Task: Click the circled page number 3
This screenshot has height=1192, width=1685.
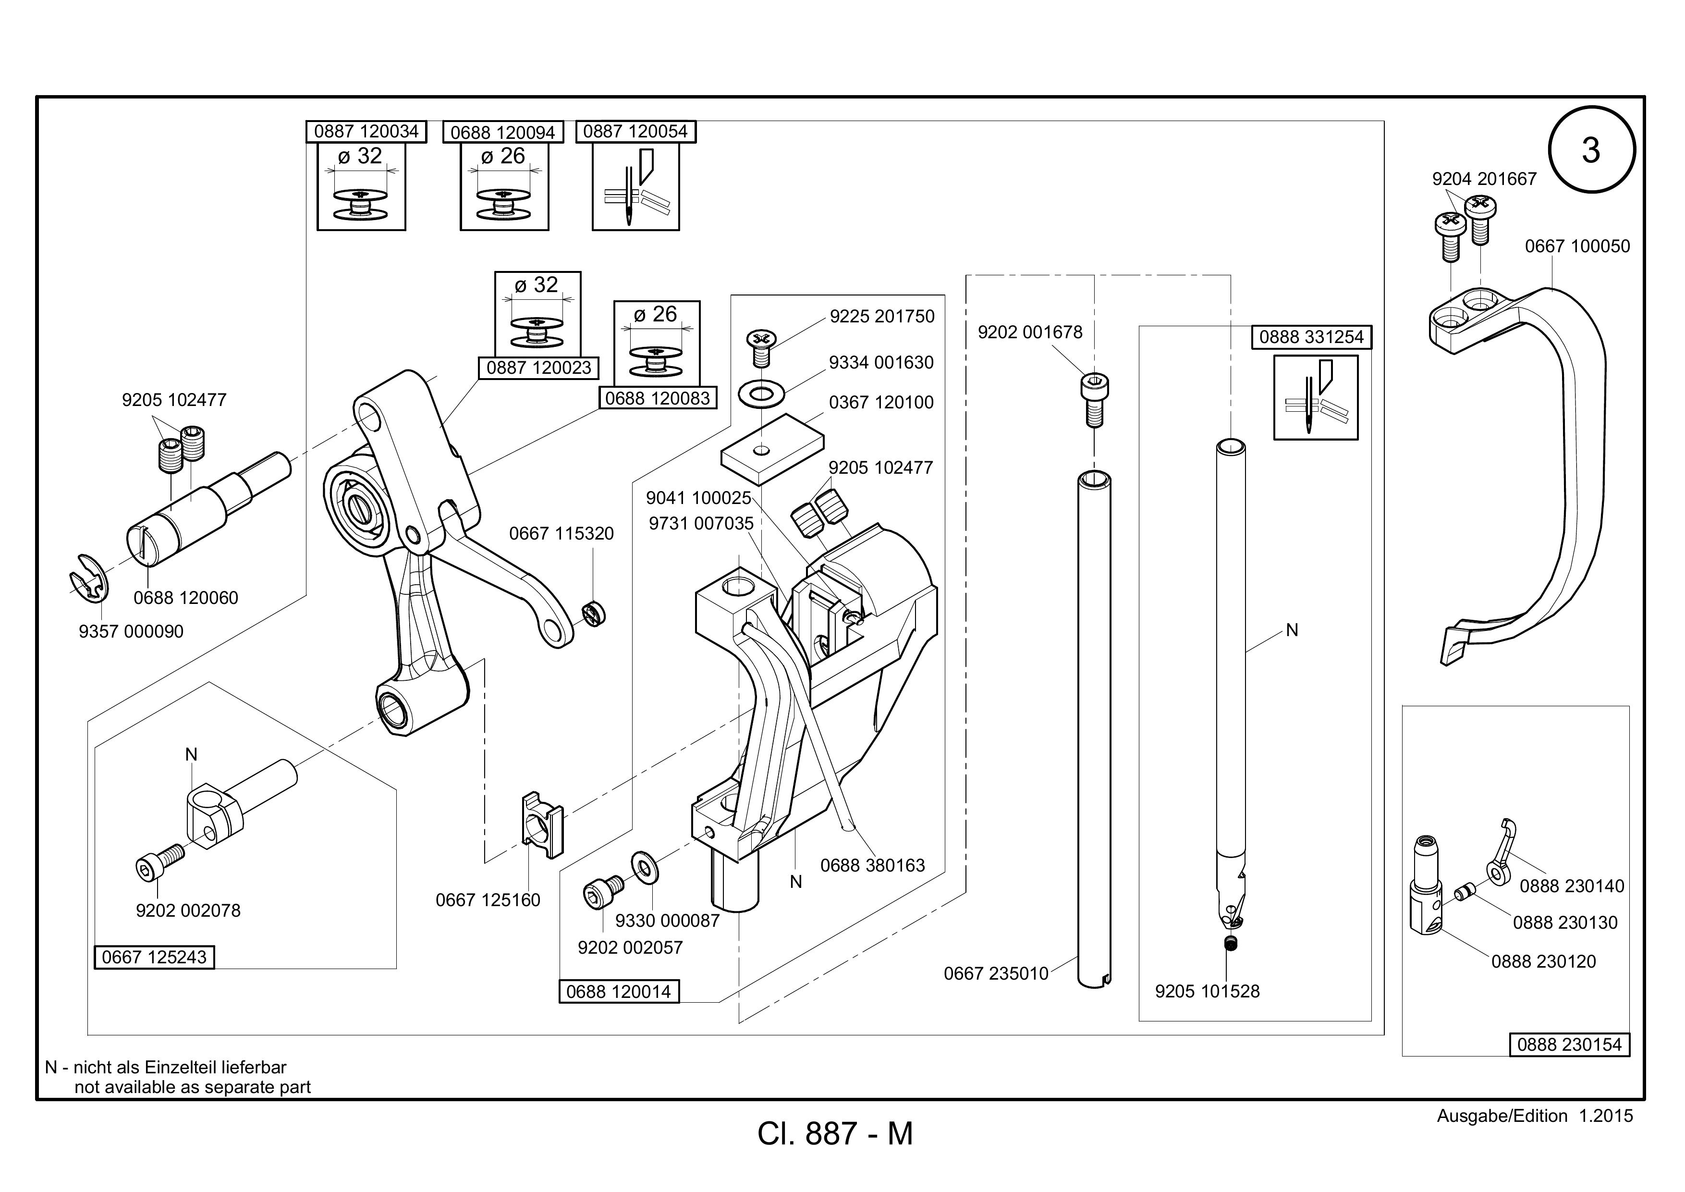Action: click(1591, 150)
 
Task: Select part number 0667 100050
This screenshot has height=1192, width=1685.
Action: click(1577, 246)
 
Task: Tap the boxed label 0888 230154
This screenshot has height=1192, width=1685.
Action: click(1569, 1045)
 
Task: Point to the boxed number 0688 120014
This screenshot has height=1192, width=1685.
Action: click(619, 992)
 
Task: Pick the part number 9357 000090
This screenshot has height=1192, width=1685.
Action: click(131, 631)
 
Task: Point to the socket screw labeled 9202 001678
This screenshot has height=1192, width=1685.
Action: click(1094, 400)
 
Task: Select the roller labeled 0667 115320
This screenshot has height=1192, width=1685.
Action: click(593, 614)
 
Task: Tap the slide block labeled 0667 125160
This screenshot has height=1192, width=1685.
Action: click(542, 824)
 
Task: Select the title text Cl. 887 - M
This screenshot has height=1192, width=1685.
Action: click(835, 1134)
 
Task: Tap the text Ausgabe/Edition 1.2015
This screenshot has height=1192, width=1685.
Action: click(1535, 1117)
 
